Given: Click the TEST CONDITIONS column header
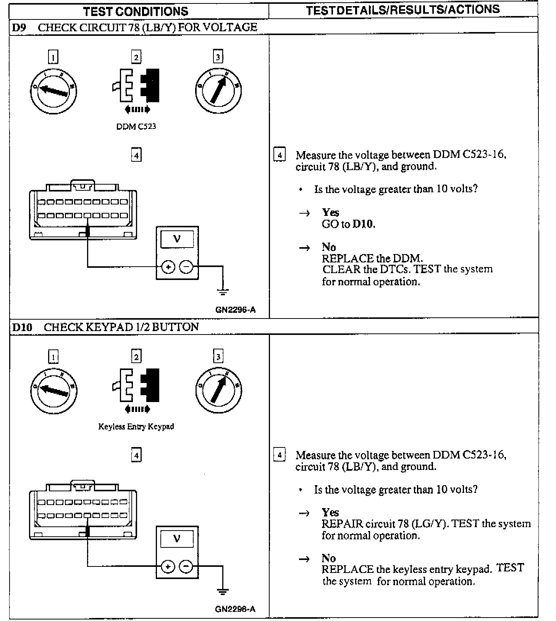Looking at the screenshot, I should coord(136,11).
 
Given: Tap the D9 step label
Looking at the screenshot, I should coord(19,27).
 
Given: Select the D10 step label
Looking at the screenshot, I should coord(22,327).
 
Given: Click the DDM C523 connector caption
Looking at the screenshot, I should coord(136,126).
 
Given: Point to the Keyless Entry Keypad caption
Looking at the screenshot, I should coord(136,426).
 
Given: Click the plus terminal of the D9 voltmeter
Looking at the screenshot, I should coord(168,267).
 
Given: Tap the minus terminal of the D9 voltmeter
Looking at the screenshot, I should coord(186,267).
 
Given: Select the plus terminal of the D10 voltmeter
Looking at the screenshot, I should coord(168,567).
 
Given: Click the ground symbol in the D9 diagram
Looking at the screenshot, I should coord(223,292).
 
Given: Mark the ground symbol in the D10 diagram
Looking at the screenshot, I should coord(223,592).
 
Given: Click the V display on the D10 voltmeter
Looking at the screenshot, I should coord(177,539).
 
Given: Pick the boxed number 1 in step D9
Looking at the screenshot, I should coord(53,57).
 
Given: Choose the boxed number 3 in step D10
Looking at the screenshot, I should coord(218,357).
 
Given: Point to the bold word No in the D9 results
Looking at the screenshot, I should coord(328,247).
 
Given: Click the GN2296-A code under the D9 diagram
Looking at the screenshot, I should coord(235,310).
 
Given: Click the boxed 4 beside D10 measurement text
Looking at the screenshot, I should coord(280,455).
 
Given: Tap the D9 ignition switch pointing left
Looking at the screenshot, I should coord(53,90).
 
